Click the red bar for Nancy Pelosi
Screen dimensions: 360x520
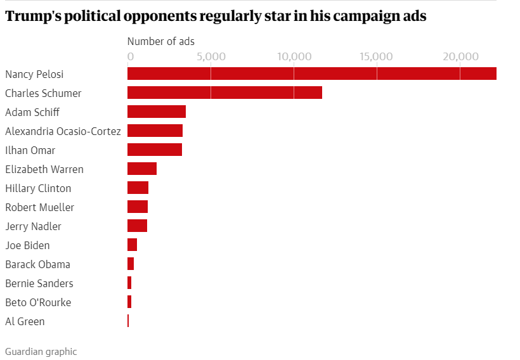tap(311, 74)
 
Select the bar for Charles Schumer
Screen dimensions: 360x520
tap(224, 93)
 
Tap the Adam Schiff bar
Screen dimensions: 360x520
tap(157, 112)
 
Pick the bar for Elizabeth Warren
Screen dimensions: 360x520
tap(142, 169)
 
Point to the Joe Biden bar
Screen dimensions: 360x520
tap(132, 245)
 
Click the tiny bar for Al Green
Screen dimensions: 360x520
tap(128, 321)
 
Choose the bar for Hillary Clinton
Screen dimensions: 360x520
tap(138, 188)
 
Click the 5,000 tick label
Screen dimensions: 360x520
tap(211, 56)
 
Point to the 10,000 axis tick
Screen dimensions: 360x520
tap(294, 56)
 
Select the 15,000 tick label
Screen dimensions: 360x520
tap(377, 56)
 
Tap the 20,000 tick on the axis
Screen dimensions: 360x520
tap(460, 56)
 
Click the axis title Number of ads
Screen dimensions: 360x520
tap(161, 41)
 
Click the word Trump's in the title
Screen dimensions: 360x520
tap(32, 16)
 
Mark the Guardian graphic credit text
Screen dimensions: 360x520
tap(41, 351)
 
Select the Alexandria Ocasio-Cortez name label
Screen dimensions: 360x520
tap(63, 131)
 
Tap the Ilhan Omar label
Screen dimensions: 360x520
tap(30, 150)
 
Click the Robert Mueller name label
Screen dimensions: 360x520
tap(39, 207)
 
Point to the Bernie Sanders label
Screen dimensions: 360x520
tap(39, 283)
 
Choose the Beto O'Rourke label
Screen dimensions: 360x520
tap(38, 302)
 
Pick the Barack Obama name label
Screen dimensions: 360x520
tap(37, 264)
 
